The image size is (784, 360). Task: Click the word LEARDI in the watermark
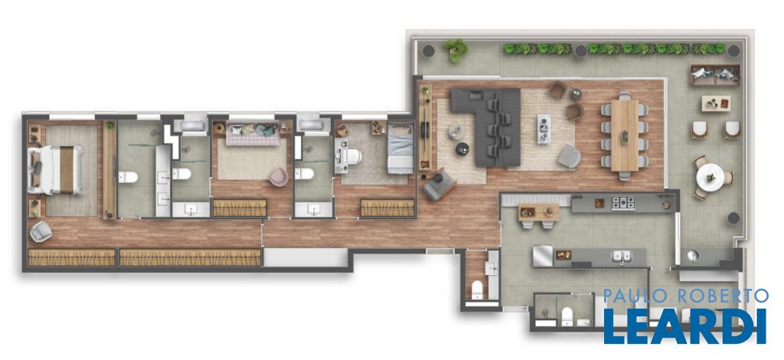pyautogui.click(x=685, y=326)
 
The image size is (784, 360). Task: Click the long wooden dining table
pyautogui.click(x=625, y=135)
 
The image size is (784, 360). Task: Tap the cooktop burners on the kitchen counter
pyautogui.click(x=623, y=203)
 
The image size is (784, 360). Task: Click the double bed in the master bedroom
pyautogui.click(x=56, y=169)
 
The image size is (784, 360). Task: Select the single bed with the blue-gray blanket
pyautogui.click(x=400, y=149)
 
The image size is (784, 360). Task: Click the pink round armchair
pyautogui.click(x=279, y=176)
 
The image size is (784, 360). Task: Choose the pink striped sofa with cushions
pyautogui.click(x=253, y=133)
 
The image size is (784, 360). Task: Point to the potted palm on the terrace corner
pyautogui.click(x=456, y=50)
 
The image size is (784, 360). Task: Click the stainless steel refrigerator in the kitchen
pyautogui.click(x=543, y=255)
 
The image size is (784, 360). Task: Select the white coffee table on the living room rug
pyautogui.click(x=544, y=129)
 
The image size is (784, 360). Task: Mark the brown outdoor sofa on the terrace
pyautogui.click(x=714, y=75)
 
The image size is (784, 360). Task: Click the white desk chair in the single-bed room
pyautogui.click(x=352, y=156)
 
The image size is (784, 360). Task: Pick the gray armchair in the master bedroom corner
pyautogui.click(x=41, y=231)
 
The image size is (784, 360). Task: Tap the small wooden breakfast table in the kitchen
pyautogui.click(x=538, y=212)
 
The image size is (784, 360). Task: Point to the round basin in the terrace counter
pyautogui.click(x=693, y=256)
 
